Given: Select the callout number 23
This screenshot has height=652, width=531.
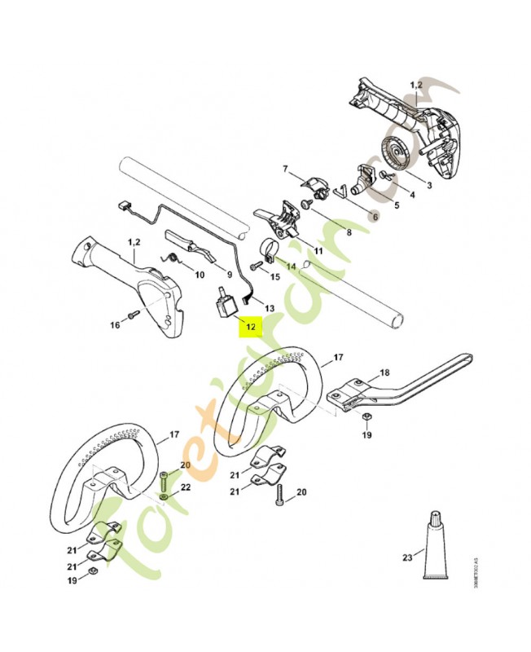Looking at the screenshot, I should [406, 558].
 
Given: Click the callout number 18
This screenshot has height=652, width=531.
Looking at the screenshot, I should [384, 372].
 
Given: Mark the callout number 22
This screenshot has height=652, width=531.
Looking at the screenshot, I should [186, 487].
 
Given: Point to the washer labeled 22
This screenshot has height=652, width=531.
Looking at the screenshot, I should [165, 494].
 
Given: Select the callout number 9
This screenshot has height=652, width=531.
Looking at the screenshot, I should [230, 275].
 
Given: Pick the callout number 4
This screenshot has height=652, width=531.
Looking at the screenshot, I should [411, 194].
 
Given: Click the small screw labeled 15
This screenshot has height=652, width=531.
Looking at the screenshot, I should [257, 265].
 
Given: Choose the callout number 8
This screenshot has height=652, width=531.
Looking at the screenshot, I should [349, 231].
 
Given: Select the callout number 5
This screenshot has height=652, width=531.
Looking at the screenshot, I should [396, 206].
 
